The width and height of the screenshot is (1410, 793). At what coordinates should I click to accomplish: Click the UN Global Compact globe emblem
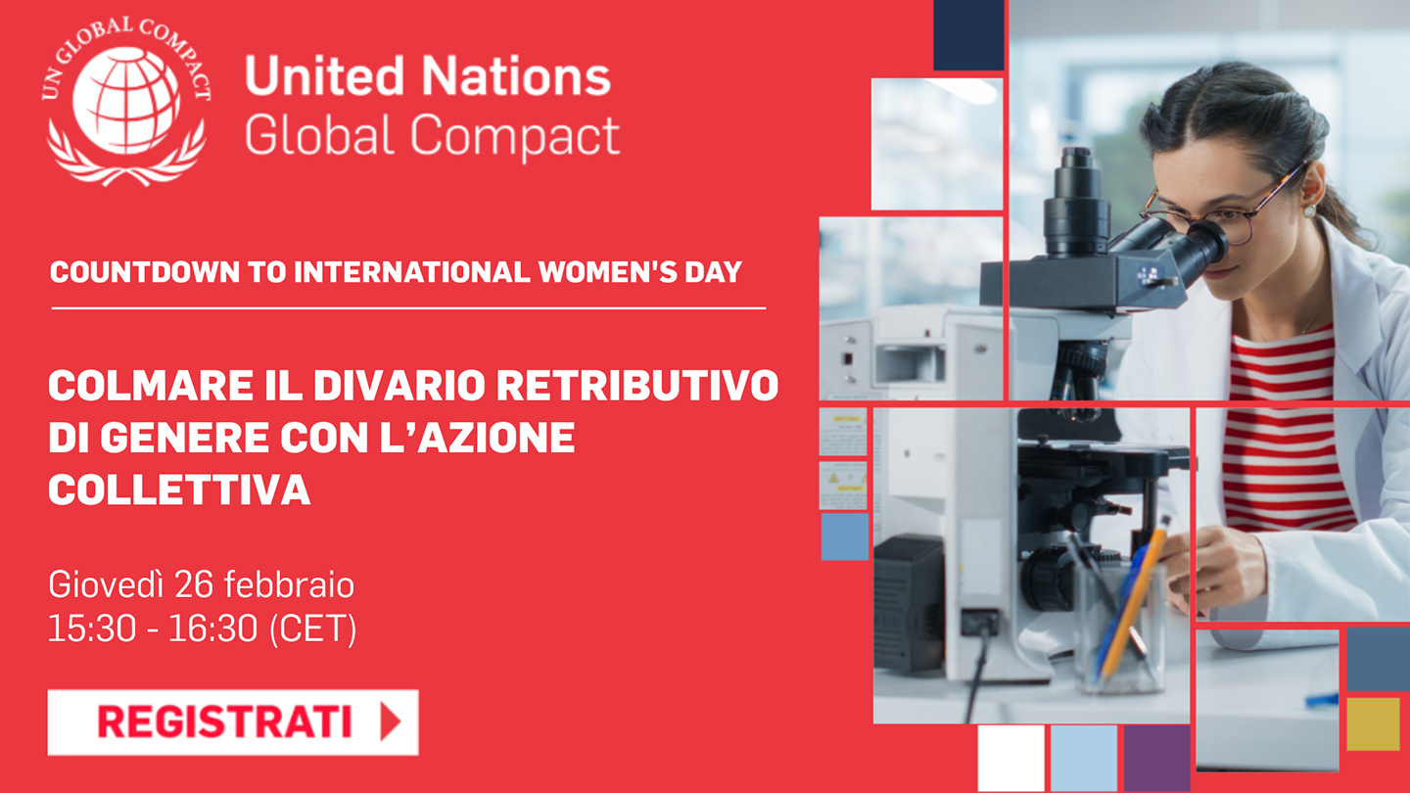point(126,101)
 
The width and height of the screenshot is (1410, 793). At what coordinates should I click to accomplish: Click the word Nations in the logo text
point(516,75)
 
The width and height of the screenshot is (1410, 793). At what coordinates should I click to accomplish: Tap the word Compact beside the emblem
point(515,135)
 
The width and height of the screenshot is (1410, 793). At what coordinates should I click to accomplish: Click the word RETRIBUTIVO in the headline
point(637,385)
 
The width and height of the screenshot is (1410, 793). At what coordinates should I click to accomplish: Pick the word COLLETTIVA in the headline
point(179,490)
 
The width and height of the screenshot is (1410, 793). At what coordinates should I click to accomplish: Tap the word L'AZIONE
point(477,438)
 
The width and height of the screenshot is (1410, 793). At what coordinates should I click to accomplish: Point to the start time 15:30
point(92,629)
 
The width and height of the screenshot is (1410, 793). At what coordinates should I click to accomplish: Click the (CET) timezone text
point(313,629)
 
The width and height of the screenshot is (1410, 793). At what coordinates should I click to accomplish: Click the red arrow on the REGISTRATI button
point(390,722)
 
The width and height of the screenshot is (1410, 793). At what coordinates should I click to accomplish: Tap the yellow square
point(1374,723)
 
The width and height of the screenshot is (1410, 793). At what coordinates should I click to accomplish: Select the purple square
point(1157,759)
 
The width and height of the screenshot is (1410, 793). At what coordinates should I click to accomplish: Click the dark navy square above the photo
point(968,34)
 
